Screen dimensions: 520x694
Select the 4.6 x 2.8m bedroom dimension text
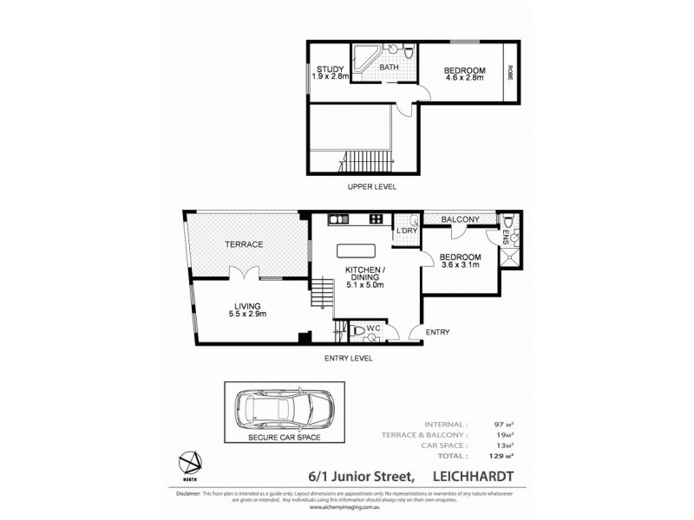tap(464, 79)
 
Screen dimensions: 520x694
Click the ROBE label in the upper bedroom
tap(510, 71)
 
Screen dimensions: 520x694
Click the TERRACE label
tap(245, 245)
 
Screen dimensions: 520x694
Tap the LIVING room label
tap(247, 304)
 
